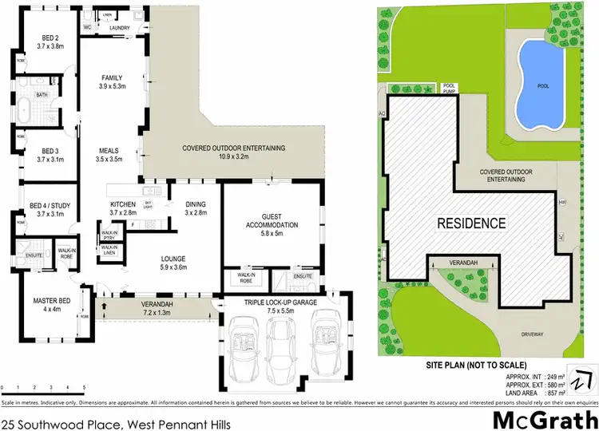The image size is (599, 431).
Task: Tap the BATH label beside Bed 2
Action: [x=43, y=94]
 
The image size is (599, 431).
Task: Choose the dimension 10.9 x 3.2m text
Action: [x=233, y=157]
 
